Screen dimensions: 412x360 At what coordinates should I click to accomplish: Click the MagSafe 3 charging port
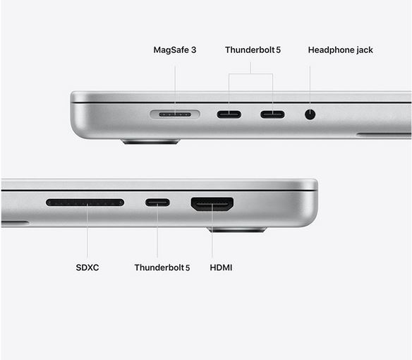[x=175, y=114]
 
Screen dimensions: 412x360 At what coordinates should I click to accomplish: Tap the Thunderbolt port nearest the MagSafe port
[x=229, y=114]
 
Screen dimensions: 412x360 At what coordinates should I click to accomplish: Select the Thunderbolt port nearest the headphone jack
[x=272, y=114]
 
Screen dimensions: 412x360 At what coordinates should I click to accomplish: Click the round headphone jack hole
[x=310, y=114]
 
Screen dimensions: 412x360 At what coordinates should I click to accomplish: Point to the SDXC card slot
[x=85, y=203]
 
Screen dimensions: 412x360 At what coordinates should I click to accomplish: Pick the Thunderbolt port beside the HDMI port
[x=157, y=203]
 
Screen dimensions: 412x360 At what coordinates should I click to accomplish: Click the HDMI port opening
[x=212, y=204]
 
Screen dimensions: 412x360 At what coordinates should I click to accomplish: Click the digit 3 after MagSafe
[x=193, y=50]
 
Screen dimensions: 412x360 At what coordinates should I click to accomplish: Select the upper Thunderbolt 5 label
[x=253, y=49]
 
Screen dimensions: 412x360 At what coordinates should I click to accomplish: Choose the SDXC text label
[x=87, y=268]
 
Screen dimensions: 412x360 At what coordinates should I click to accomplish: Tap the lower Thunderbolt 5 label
[x=162, y=268]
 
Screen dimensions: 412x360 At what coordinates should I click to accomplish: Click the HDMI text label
[x=221, y=268]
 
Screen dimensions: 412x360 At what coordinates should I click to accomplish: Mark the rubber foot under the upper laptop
[x=150, y=141]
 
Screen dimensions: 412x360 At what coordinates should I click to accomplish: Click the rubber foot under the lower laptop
[x=237, y=229]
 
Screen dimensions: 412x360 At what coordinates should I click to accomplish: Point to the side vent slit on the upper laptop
[x=384, y=135]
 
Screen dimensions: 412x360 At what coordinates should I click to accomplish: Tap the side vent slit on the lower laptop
[x=15, y=223]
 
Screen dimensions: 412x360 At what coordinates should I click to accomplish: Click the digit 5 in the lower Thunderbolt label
[x=188, y=268]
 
